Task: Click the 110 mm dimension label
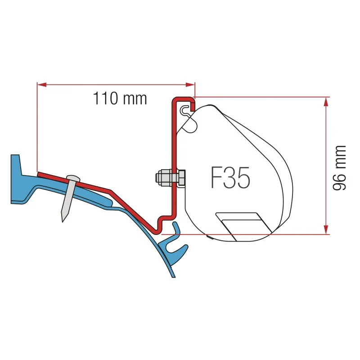120,98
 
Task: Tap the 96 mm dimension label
339,167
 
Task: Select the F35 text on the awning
230,178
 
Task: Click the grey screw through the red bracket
69,198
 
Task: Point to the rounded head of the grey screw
73,178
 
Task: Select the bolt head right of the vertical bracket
182,178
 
